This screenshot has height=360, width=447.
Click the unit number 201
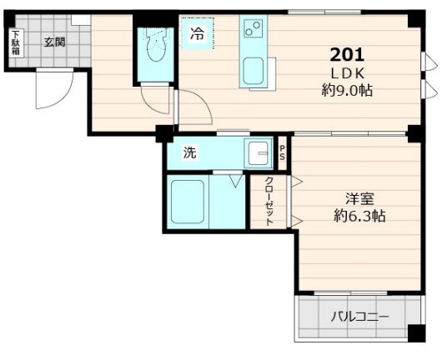(x=346, y=56)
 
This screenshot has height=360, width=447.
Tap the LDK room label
(x=346, y=73)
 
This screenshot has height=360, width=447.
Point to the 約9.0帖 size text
(x=346, y=90)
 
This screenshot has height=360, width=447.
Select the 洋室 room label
(x=359, y=198)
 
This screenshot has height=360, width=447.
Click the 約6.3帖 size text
(x=359, y=216)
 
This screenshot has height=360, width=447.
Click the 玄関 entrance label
(x=55, y=41)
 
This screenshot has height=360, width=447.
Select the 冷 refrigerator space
(x=197, y=34)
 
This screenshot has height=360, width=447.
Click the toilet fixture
(x=155, y=51)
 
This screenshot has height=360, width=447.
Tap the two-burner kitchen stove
(x=252, y=31)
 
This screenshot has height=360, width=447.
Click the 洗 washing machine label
(x=190, y=152)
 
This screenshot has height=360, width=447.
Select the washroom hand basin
(x=258, y=152)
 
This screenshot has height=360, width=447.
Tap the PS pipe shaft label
(x=283, y=152)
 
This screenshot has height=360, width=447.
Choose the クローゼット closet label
(x=269, y=202)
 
